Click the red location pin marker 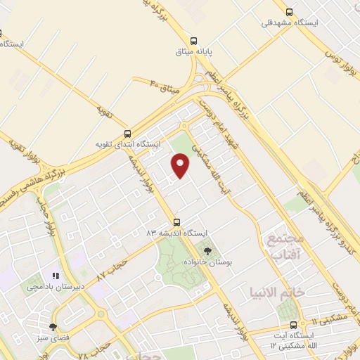pos(181,166)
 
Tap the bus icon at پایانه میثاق pos(193,39)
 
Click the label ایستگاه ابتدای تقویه pos(128,144)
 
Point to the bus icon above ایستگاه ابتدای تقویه pos(127,133)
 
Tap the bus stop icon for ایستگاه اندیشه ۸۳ pos(176,221)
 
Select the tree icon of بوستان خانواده pos(207,250)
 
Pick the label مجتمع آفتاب pos(284,245)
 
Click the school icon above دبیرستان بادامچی pos(56,276)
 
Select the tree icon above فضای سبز pos(53,327)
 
